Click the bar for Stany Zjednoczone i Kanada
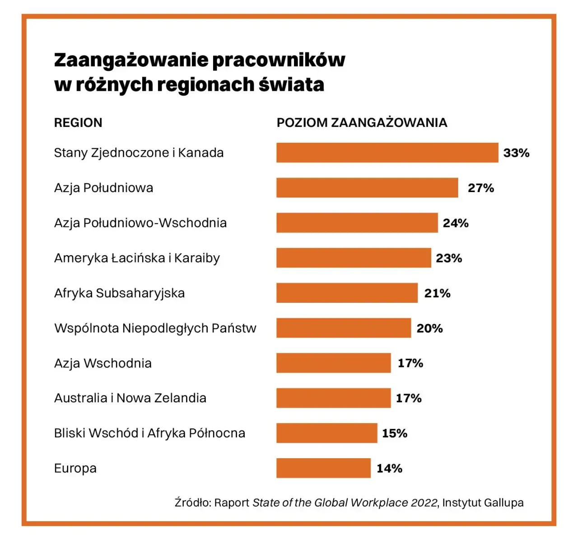387,153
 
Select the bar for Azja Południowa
367,188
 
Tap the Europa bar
323,468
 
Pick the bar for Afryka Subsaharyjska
347,293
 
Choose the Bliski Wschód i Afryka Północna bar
326,433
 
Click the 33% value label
516,153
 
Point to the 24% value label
456,223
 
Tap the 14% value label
389,468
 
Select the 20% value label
429,328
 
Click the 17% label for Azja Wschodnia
410,363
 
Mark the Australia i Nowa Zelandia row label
130,398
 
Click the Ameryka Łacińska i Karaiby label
137,258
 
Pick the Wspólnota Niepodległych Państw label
155,328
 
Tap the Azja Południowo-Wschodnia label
140,223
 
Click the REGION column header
78,122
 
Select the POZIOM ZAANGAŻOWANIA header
362,122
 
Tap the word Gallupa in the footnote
503,502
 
